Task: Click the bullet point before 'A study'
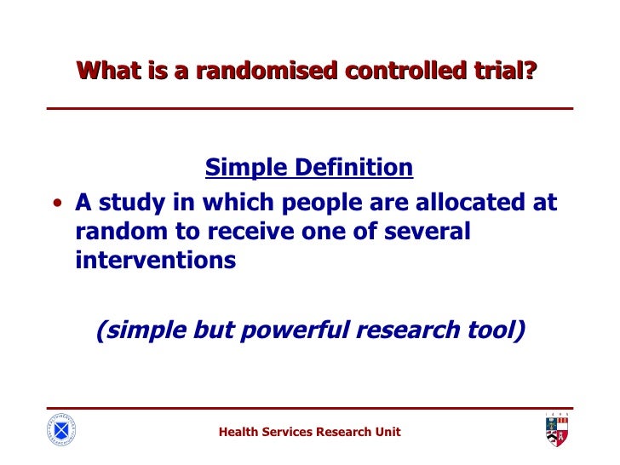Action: (56, 205)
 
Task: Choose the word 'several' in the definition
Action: (422, 232)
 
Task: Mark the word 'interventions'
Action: (155, 260)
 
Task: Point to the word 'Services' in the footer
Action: (287, 432)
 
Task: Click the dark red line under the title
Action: (309, 108)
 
